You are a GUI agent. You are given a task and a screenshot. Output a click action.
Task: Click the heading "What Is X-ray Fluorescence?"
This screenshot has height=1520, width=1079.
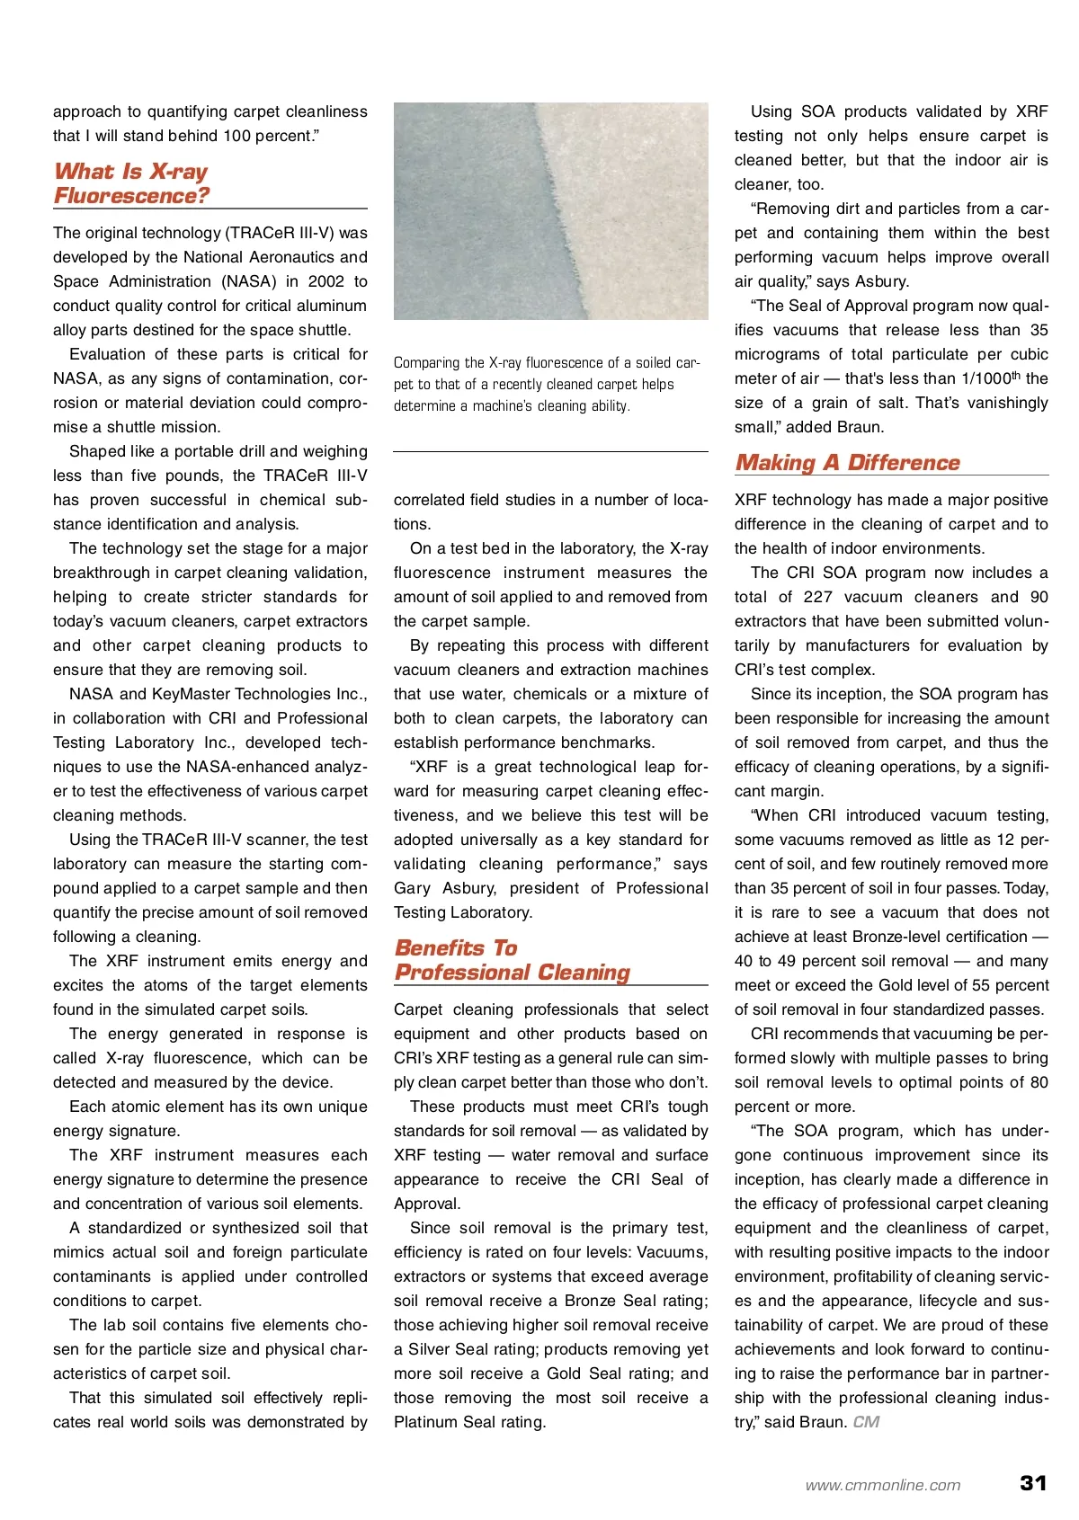[131, 183]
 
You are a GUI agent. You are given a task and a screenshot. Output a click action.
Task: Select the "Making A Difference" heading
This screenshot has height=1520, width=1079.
[847, 462]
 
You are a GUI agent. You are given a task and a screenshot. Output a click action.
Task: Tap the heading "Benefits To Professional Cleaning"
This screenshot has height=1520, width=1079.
[512, 960]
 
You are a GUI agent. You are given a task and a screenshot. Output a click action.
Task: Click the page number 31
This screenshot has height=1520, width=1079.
[1033, 1483]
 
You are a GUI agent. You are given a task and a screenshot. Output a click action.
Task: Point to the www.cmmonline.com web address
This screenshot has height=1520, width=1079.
[882, 1486]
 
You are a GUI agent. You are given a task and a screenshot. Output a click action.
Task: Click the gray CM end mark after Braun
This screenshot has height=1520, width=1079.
[866, 1422]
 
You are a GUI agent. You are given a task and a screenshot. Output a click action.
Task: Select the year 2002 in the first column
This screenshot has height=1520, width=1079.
[325, 281]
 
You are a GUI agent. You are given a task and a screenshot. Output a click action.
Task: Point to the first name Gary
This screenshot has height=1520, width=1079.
[412, 888]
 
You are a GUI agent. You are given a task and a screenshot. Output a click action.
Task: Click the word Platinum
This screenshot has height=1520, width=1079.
[424, 1422]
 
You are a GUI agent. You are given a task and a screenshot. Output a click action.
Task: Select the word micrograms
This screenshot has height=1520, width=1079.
[776, 354]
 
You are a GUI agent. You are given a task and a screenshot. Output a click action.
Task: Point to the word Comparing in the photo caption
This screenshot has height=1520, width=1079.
[426, 363]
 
